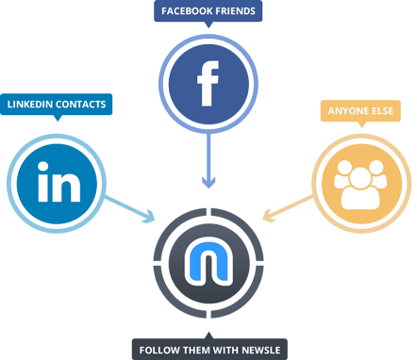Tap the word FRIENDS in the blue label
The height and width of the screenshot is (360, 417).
236,11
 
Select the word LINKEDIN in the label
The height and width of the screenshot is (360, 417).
29,105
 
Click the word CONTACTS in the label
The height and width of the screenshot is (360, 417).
81,105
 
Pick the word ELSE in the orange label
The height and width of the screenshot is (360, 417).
383,111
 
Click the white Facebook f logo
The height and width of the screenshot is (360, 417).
208,84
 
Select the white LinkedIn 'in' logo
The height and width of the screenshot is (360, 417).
58,182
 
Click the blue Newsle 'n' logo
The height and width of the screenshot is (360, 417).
208,262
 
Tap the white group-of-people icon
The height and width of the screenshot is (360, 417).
360,185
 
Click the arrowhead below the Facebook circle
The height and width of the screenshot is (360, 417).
208,182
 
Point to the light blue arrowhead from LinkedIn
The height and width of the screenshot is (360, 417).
149,217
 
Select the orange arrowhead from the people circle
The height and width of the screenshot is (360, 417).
268,216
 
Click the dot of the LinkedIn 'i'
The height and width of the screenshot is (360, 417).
42,167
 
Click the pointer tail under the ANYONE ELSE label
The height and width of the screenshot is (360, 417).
361,124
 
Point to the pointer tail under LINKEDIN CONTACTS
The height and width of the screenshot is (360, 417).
58,118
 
